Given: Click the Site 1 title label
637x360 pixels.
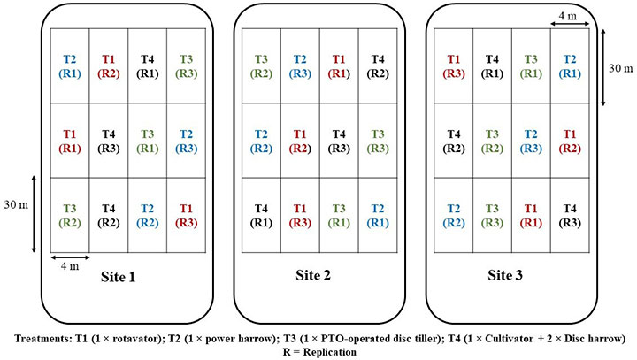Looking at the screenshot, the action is tap(118, 277).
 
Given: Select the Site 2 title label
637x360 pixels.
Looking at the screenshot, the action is tap(313, 275).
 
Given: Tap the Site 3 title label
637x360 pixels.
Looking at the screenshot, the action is tap(505, 275).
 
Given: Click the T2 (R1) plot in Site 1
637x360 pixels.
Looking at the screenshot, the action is tap(70, 66).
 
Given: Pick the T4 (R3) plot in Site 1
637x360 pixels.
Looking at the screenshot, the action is tap(109, 141).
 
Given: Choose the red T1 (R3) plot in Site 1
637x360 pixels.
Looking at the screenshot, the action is tap(186, 216).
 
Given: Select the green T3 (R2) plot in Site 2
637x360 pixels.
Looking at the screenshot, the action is tap(261, 66).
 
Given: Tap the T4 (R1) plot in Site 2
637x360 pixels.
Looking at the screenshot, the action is tap(261, 216).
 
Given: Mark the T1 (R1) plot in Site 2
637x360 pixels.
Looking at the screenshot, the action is tap(339, 66).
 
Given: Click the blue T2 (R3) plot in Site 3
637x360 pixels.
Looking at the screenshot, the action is tap(531, 141).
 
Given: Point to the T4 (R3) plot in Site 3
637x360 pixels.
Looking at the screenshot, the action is tap(570, 216).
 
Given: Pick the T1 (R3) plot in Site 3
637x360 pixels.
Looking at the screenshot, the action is tap(453, 66).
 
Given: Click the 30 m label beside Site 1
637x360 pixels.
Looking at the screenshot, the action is tap(16, 204).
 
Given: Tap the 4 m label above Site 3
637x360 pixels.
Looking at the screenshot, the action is tap(567, 16).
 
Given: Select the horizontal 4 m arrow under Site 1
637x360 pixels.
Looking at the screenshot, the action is tap(70, 257).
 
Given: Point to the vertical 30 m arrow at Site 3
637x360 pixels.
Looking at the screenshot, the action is tap(603, 67).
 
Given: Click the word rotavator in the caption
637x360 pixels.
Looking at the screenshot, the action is tap(141, 339).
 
